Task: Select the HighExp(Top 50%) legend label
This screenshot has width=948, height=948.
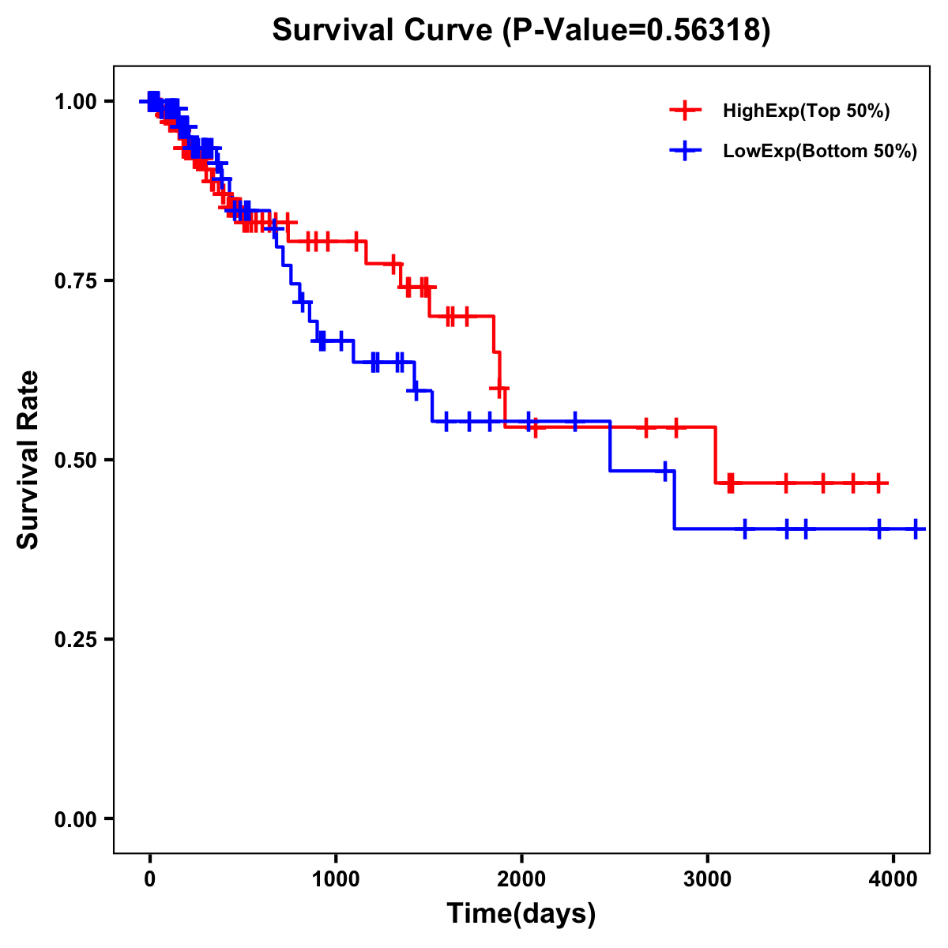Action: (806, 111)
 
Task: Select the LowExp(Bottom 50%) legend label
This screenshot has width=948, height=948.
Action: (820, 151)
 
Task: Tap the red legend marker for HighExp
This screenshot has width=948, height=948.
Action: (685, 111)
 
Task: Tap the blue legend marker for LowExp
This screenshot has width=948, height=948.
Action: (685, 150)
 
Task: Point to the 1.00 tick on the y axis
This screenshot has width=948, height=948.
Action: (74, 101)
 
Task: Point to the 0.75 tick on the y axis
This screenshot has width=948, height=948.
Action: (74, 280)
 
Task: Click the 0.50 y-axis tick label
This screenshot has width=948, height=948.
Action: (74, 460)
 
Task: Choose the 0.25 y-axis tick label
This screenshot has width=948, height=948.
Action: (74, 639)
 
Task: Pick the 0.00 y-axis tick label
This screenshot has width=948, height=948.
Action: (74, 818)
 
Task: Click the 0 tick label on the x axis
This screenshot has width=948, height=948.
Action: (149, 878)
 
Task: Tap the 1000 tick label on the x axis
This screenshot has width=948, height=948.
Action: (336, 878)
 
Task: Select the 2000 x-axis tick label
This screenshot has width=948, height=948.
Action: (521, 878)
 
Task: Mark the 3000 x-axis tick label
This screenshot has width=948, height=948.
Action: (708, 878)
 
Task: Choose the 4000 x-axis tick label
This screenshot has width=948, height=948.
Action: (893, 878)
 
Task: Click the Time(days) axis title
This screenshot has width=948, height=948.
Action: (521, 914)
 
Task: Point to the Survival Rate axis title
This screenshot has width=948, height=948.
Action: (28, 460)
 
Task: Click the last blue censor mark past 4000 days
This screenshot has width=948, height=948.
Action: (916, 529)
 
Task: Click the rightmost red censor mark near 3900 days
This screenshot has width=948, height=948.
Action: (878, 483)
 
